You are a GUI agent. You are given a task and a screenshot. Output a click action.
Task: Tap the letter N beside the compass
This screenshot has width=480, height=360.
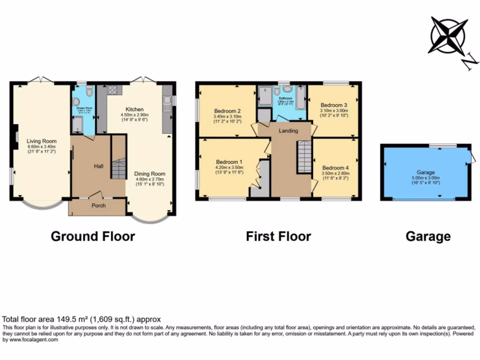click(x=469, y=62)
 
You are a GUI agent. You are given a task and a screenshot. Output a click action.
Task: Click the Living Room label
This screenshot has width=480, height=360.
click(x=41, y=141)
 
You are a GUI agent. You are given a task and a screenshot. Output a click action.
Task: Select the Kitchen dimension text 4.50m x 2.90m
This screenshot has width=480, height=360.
click(x=134, y=114)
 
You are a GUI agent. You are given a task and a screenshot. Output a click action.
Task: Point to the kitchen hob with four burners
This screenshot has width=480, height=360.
click(x=112, y=90)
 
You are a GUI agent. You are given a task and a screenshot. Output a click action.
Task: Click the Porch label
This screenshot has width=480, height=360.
click(x=98, y=206)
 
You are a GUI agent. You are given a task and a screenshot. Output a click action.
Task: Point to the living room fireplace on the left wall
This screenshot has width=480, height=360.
click(x=15, y=136)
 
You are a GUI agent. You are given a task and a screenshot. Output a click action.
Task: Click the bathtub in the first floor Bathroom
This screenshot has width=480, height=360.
click(x=300, y=97)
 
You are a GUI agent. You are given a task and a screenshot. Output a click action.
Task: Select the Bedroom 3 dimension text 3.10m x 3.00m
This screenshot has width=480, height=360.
click(x=334, y=111)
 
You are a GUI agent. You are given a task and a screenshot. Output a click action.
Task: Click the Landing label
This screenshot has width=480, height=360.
click(x=288, y=131)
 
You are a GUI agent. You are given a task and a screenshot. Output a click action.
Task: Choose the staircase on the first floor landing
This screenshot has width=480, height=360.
click(x=304, y=157)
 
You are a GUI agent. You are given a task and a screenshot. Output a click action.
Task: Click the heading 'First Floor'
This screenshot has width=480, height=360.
click(x=278, y=236)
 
